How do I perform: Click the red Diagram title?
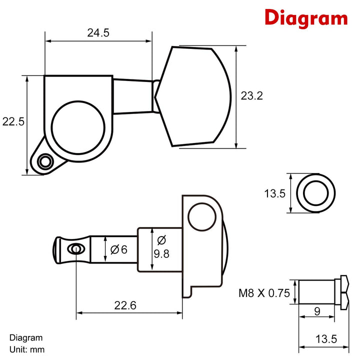305,18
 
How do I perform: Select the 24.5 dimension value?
98,33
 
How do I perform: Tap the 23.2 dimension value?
251,96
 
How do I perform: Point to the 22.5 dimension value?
13,121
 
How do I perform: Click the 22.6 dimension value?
125,304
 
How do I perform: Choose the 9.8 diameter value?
161,253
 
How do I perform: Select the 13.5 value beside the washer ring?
274,193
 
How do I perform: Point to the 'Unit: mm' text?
30,349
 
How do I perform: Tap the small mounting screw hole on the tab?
46,161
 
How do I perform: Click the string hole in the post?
75,248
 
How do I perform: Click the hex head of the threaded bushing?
343,292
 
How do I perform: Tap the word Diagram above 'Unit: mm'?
26,338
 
